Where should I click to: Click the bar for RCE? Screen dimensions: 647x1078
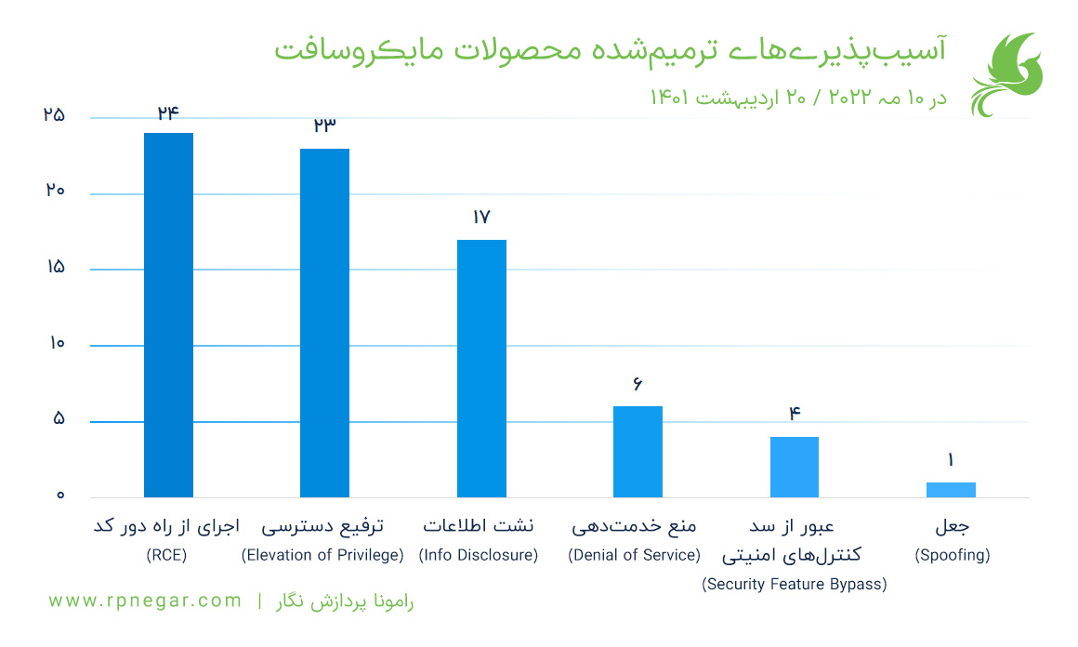point(168,315)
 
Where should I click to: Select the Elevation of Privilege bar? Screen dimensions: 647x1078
point(324,323)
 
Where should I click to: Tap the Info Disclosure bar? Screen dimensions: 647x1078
point(481,368)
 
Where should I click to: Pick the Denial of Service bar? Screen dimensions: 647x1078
point(638,452)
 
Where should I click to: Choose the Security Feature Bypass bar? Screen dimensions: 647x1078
point(795,467)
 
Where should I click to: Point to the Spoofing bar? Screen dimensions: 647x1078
point(951,490)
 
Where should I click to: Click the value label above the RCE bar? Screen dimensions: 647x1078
point(168,113)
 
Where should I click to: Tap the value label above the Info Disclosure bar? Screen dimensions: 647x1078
point(481,218)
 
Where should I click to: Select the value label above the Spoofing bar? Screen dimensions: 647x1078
point(951,460)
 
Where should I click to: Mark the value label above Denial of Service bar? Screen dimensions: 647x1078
point(638,384)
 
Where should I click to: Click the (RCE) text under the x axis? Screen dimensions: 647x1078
point(166,556)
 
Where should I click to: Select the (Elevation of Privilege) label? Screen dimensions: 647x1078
point(322,556)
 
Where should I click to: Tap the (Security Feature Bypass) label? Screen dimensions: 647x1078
point(794,585)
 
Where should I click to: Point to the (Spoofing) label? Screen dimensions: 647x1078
point(952,556)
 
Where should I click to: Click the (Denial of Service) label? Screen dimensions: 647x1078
point(634,556)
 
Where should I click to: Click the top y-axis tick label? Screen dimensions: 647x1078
point(54,116)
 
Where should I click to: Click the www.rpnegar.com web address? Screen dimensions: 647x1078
point(145,601)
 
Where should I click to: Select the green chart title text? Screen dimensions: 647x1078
point(610,50)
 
